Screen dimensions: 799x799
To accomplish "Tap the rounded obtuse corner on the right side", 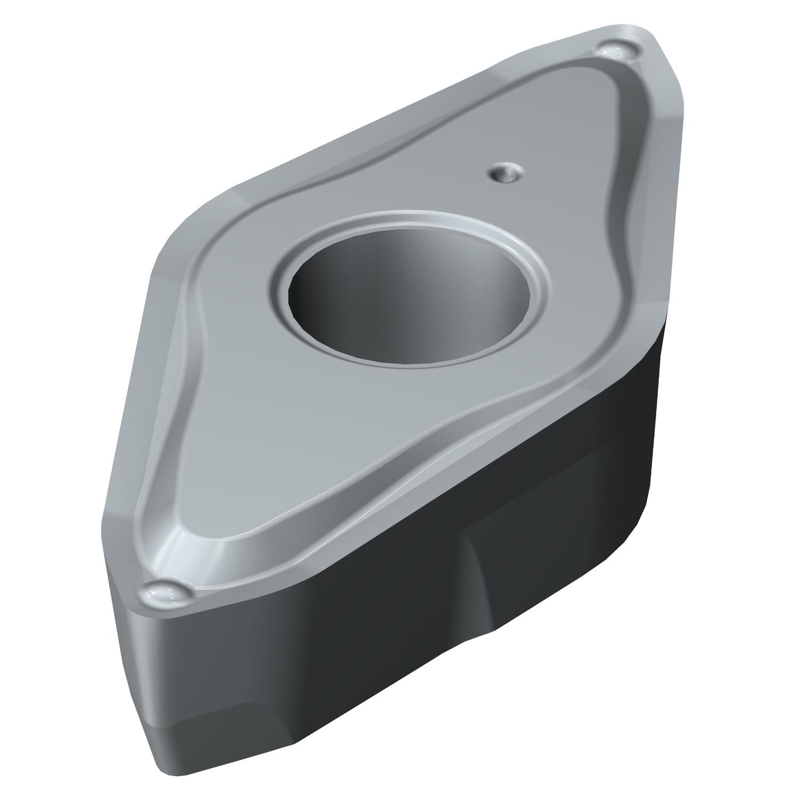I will pyautogui.click(x=658, y=298).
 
